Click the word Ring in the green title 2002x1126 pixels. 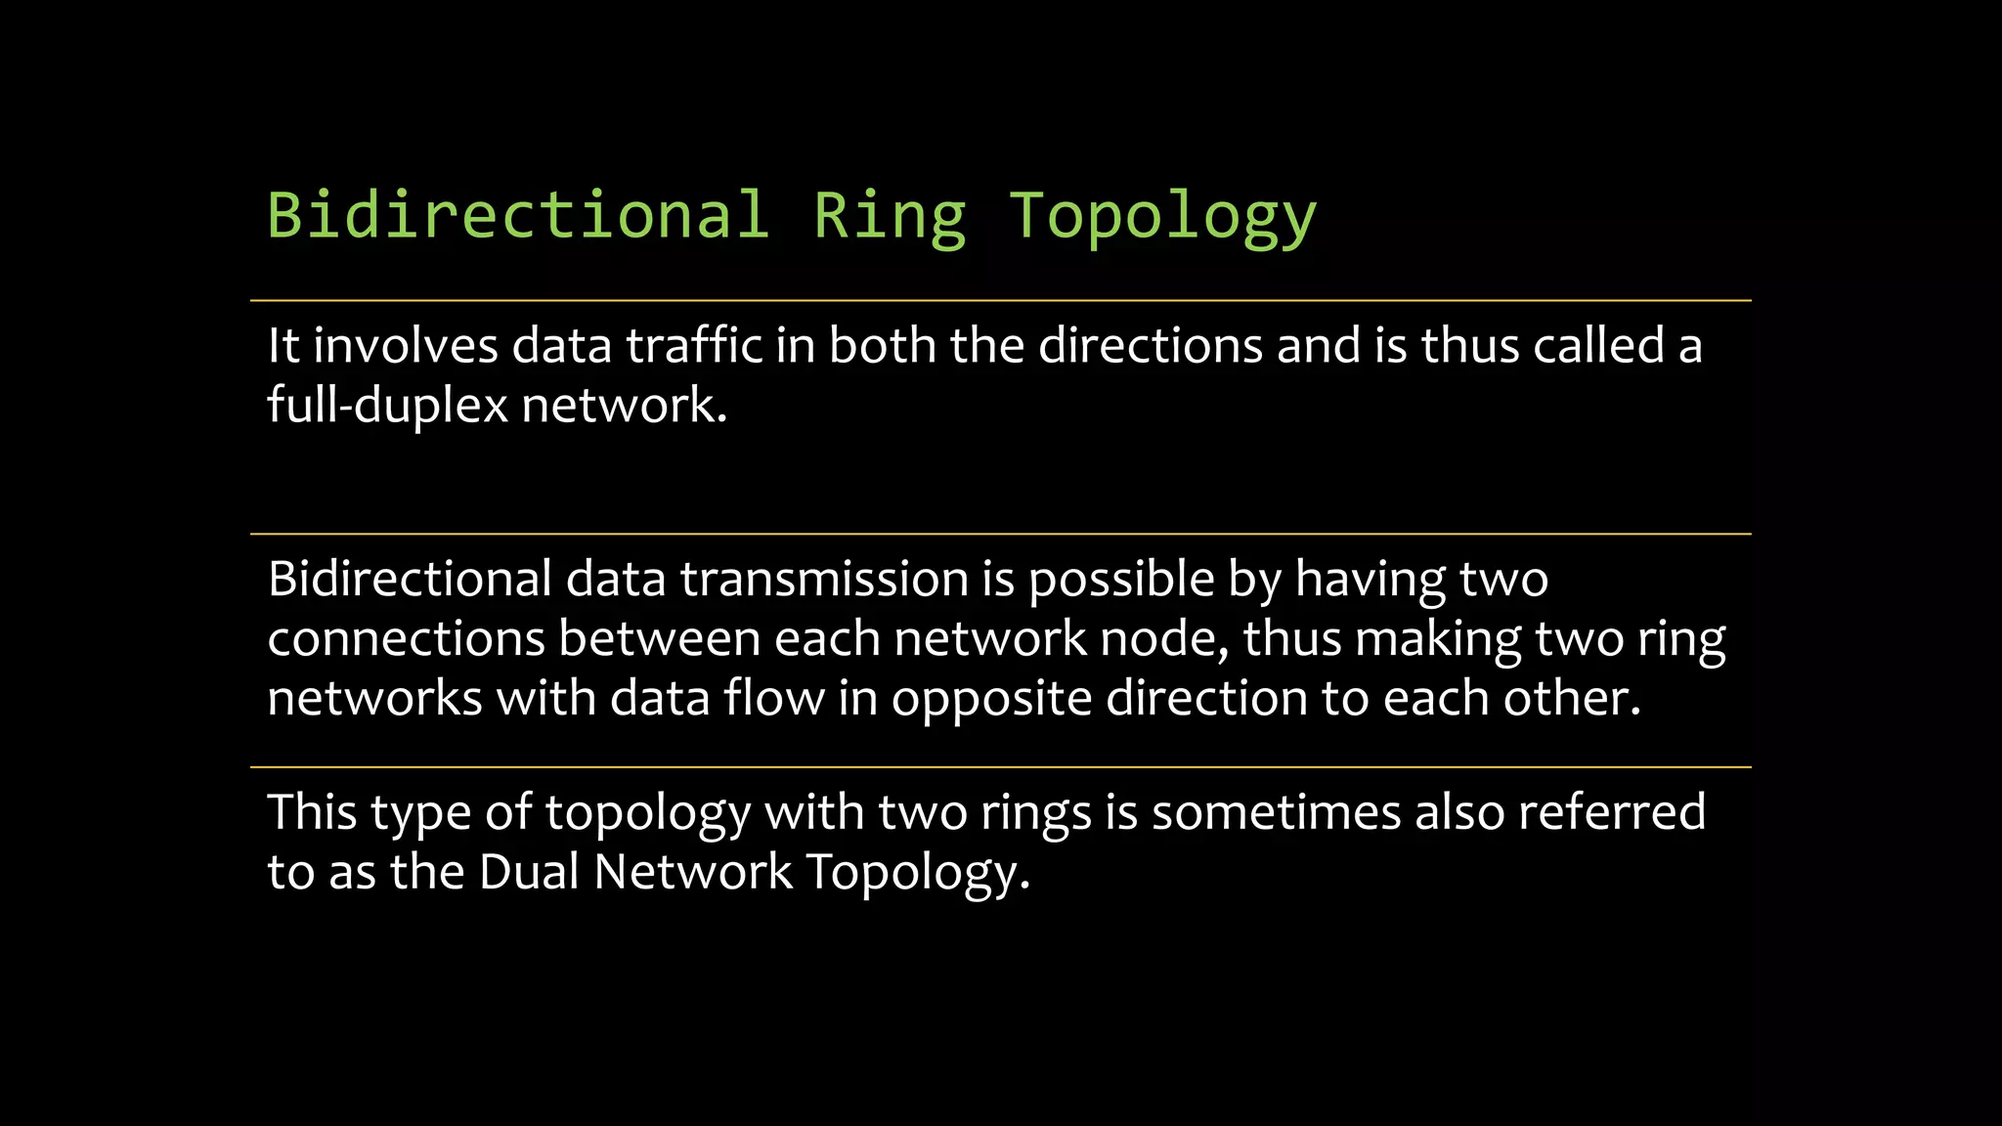click(890, 216)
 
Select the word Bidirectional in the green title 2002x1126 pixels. click(518, 216)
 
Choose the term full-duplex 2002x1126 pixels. click(387, 405)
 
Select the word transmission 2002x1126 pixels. click(824, 579)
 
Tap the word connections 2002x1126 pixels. click(406, 639)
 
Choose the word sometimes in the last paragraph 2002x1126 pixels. click(1276, 812)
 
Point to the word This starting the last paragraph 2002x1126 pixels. click(312, 812)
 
